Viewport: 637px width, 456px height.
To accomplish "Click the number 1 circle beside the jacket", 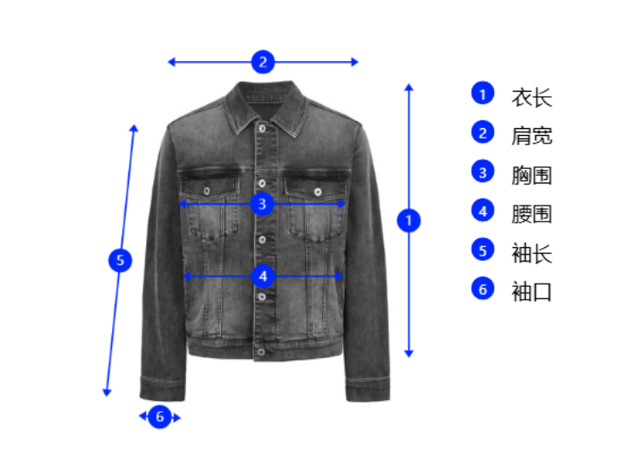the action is click(x=409, y=221).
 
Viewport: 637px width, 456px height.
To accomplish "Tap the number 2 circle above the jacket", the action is click(x=263, y=61).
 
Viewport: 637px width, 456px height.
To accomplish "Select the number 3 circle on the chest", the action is click(x=263, y=204).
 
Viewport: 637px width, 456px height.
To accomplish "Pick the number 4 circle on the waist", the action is click(x=263, y=276).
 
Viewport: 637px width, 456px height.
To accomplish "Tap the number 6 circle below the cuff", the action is click(x=160, y=417).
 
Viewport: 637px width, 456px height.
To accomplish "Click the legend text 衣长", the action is click(x=532, y=97).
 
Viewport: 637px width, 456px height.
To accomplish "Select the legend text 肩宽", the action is click(x=532, y=136).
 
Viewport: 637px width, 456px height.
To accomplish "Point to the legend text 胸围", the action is click(x=532, y=175).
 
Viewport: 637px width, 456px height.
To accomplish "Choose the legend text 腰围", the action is click(x=532, y=214).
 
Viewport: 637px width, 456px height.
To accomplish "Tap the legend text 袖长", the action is click(x=532, y=253).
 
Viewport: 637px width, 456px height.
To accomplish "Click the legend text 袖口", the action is click(x=532, y=292).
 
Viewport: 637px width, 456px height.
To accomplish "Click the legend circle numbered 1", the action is click(x=482, y=93).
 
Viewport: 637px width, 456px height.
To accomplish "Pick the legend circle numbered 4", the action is click(x=482, y=211).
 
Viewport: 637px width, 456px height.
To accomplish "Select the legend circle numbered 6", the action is click(x=482, y=289).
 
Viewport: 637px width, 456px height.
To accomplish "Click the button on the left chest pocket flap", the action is click(x=208, y=191).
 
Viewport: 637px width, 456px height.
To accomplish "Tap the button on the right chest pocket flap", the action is click(x=318, y=191).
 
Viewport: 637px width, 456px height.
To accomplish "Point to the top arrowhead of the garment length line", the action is click(x=409, y=87).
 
